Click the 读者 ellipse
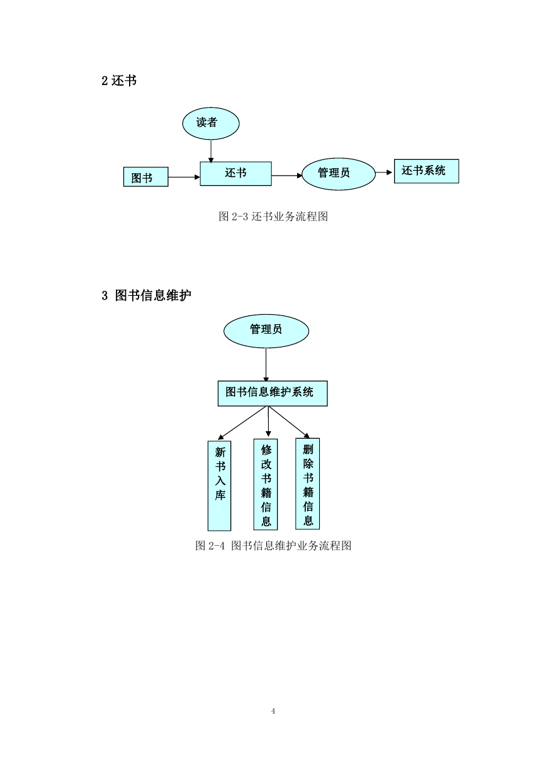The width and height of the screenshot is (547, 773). point(210,123)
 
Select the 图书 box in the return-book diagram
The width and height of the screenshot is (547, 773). point(145,177)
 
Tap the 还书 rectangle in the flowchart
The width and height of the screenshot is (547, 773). point(235,174)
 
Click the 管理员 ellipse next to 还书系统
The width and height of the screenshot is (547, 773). point(338,174)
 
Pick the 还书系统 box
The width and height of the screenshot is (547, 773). point(426,171)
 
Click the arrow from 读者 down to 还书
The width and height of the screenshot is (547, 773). point(211,151)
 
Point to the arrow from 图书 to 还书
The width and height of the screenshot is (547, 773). point(184,177)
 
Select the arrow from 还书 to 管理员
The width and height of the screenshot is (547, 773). point(287,175)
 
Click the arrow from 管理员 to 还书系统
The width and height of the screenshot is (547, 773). point(384,172)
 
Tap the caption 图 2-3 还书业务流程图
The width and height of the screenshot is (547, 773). point(273,217)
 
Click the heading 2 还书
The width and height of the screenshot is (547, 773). point(119,81)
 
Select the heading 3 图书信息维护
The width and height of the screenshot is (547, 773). point(146,295)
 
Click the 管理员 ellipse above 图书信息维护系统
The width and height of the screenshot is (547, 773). point(266,331)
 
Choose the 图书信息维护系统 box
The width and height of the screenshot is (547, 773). point(273,393)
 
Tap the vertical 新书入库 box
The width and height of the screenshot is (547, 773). point(219,485)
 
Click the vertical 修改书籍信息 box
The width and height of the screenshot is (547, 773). point(266,484)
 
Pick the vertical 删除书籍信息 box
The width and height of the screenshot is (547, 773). point(308,483)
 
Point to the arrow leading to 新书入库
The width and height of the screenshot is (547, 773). point(242,423)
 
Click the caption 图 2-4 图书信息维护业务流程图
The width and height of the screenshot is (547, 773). point(273,546)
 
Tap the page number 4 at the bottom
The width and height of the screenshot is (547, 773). point(273,711)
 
